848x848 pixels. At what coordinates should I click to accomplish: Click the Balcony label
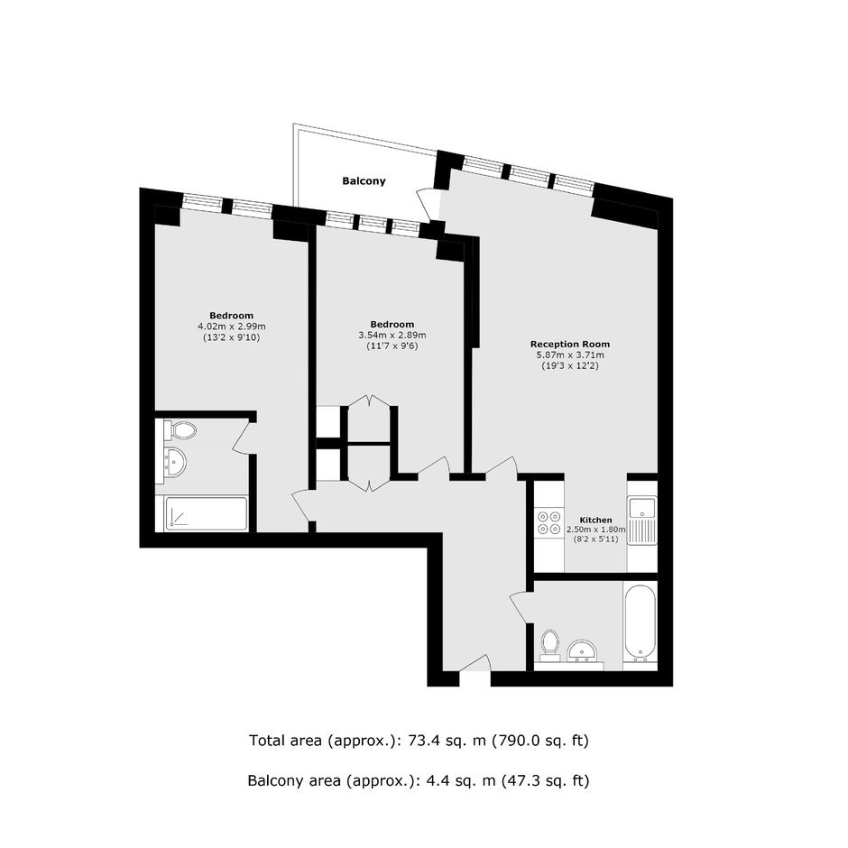364,181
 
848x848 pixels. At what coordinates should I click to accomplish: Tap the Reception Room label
569,344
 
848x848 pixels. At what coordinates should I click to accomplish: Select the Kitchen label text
595,521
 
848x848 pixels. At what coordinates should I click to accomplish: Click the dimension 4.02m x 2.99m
232,327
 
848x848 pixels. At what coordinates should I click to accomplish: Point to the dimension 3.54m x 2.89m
392,336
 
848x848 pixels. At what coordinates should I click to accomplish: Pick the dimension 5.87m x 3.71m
570,355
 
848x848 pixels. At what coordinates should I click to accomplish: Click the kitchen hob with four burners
548,523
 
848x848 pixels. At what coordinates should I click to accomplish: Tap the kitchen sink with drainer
642,521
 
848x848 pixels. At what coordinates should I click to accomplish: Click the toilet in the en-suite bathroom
180,430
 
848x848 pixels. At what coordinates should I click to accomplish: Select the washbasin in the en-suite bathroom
175,463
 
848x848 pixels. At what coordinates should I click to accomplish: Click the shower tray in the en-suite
206,513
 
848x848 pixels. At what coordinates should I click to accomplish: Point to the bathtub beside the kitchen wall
640,623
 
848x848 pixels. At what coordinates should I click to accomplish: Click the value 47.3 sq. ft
545,780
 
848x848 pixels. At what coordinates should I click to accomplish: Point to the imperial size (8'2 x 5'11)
596,539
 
